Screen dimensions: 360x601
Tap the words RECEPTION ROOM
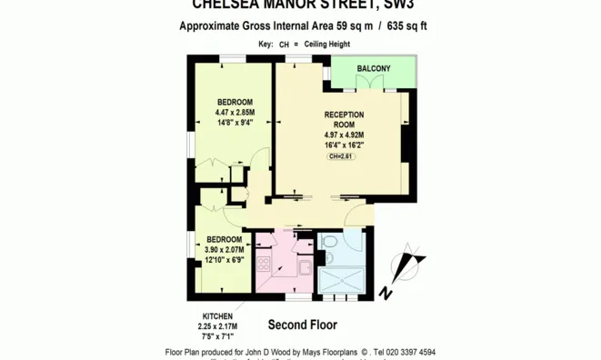tap(344, 120)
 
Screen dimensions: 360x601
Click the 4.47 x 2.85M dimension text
tap(235, 113)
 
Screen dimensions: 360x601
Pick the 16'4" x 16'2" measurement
tap(344, 145)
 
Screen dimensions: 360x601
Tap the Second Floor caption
tap(303, 325)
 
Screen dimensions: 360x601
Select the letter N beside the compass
tap(386, 293)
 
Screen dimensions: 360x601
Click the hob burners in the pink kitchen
tap(264, 265)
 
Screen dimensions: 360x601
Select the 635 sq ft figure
tap(406, 26)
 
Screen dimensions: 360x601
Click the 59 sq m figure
tap(355, 26)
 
